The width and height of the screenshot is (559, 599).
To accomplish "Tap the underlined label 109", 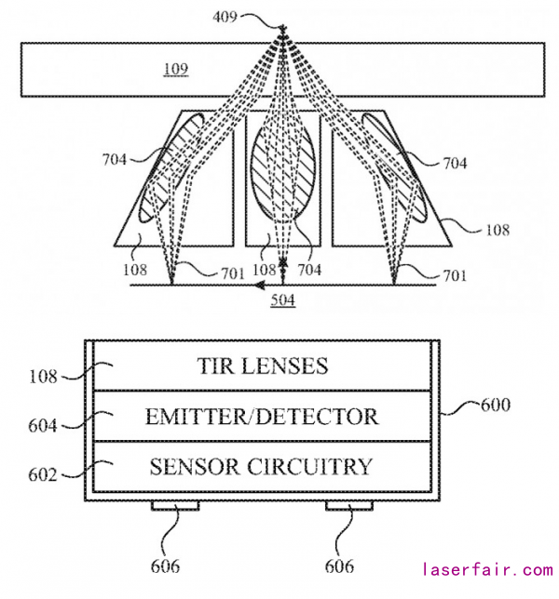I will (x=176, y=69).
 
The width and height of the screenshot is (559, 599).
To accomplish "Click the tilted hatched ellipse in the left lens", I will (x=172, y=166).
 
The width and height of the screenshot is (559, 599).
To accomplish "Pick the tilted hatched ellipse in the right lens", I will (x=392, y=166).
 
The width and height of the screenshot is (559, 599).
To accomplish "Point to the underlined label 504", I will (x=283, y=299).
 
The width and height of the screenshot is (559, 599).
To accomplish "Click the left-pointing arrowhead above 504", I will (x=252, y=285).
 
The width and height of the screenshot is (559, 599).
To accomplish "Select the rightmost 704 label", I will (x=454, y=164).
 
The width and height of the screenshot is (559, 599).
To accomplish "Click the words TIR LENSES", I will (x=262, y=366).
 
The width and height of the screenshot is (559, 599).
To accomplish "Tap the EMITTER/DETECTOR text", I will (x=262, y=416).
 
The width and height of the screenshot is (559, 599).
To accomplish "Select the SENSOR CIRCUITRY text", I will (x=262, y=466).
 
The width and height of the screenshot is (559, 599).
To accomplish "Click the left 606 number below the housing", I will (x=164, y=566).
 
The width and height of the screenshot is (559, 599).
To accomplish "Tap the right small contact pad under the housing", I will (x=349, y=506).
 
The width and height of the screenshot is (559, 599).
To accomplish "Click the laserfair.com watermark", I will (x=487, y=569).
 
